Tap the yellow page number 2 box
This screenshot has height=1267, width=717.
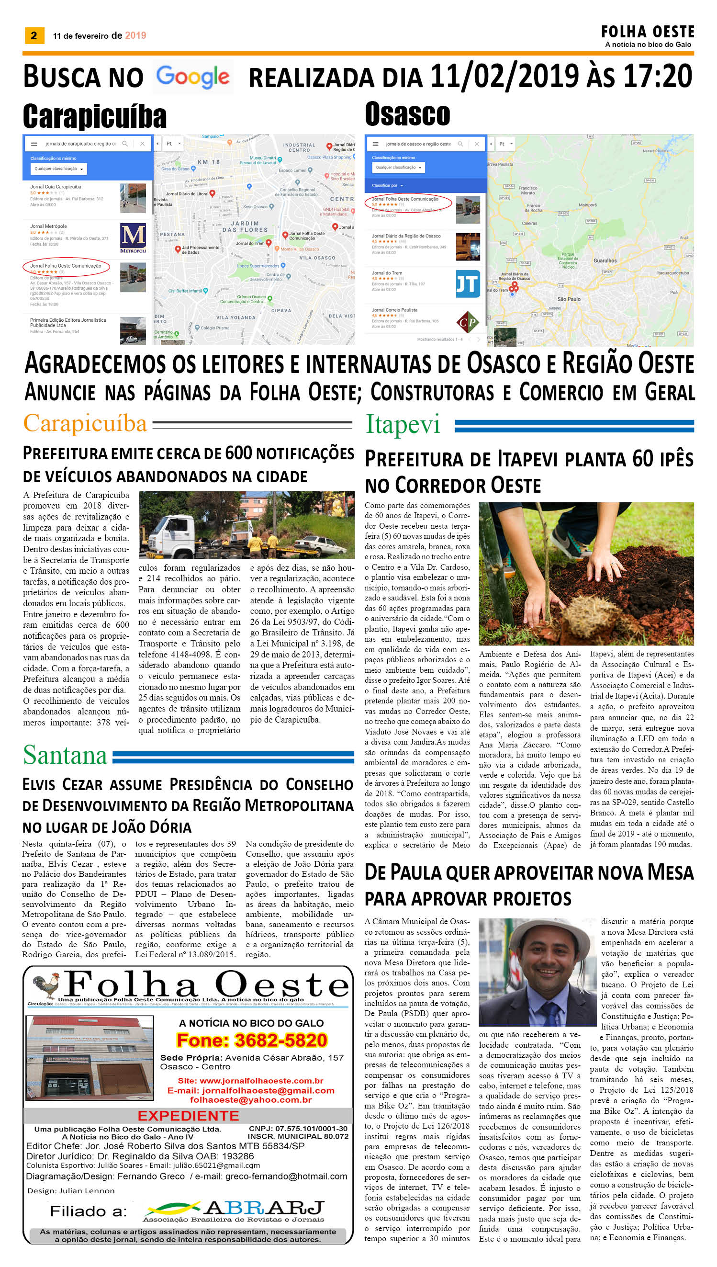pos(34,35)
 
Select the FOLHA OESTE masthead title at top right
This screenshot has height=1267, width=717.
pos(647,32)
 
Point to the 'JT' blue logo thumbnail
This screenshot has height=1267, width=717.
pos(467,284)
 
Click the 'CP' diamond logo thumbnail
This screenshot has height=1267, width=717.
pos(468,322)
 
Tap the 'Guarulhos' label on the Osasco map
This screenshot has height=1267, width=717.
pos(605,260)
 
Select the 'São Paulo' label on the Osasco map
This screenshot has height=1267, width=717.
pos(568,299)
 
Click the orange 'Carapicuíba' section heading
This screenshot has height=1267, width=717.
pos(85,424)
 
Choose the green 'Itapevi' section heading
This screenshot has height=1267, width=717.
pos(403,425)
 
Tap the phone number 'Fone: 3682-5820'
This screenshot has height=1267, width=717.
pos(252,1040)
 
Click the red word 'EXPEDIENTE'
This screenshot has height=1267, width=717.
pos(188,1116)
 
